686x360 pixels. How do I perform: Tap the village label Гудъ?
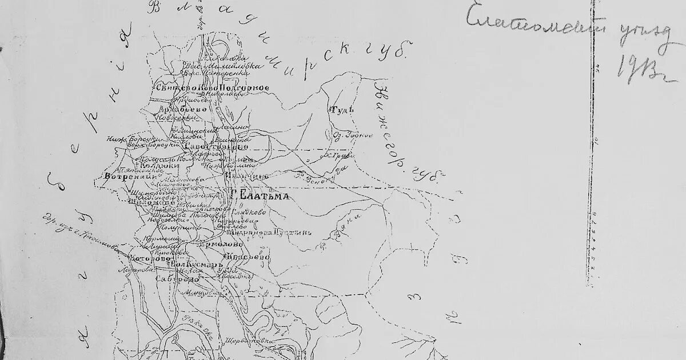click(342, 109)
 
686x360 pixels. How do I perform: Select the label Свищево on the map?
click(169, 87)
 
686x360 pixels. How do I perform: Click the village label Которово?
click(150, 258)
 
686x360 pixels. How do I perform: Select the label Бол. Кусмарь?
click(196, 266)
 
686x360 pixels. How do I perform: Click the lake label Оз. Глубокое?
click(352, 135)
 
